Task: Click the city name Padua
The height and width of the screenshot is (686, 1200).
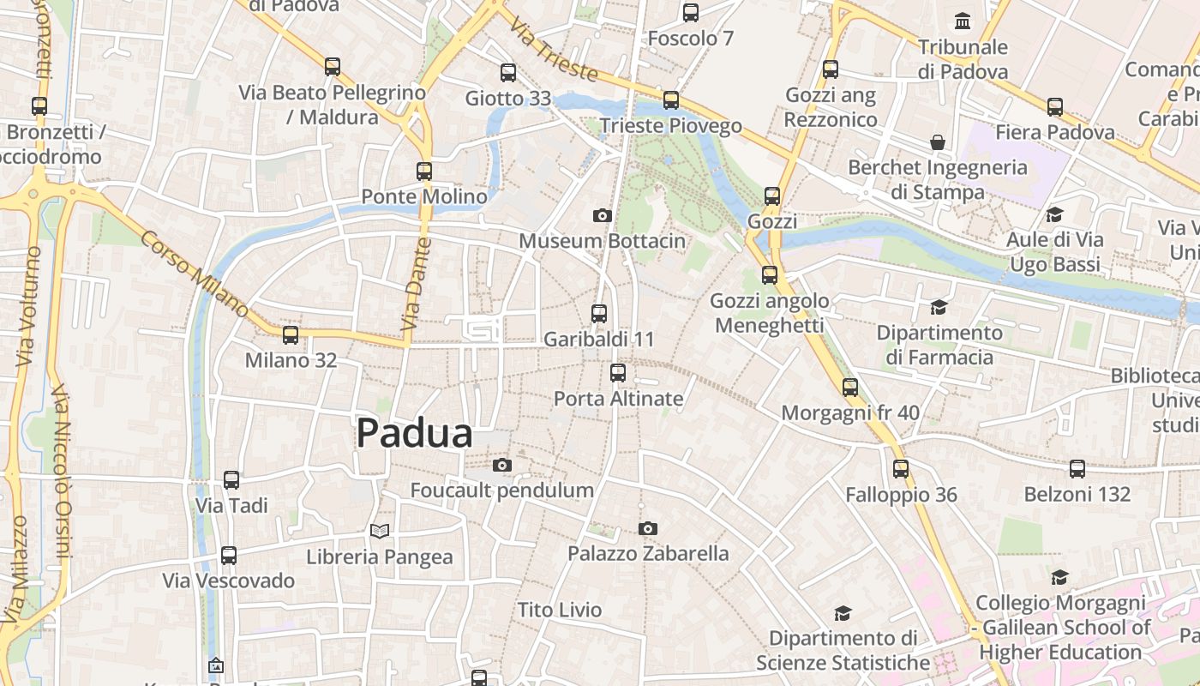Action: click(x=414, y=433)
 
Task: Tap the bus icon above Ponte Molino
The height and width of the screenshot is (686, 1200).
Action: click(x=424, y=171)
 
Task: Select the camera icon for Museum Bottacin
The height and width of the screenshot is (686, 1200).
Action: click(x=603, y=215)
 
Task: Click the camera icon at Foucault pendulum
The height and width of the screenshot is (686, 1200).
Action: click(x=502, y=465)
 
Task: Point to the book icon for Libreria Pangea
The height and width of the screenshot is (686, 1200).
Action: click(x=380, y=531)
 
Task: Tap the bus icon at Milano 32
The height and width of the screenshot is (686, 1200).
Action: click(x=291, y=334)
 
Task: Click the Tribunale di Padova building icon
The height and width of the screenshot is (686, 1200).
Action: click(x=963, y=21)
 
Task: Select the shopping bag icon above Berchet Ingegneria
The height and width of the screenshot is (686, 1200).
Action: click(x=938, y=141)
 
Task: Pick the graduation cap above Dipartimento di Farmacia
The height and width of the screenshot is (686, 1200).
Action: click(x=939, y=307)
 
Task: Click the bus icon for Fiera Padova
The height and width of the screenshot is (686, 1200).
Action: click(x=1055, y=106)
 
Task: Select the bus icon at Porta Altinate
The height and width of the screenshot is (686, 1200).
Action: click(x=618, y=373)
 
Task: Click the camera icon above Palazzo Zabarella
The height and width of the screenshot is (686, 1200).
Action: click(x=648, y=528)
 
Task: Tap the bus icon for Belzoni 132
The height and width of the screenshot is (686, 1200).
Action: click(x=1077, y=469)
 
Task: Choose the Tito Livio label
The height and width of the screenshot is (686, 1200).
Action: click(x=560, y=610)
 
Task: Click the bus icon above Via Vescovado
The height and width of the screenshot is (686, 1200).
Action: click(x=229, y=556)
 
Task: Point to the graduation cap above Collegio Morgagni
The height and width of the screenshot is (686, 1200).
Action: click(x=1060, y=577)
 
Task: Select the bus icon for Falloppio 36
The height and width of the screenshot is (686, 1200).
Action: click(x=901, y=469)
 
